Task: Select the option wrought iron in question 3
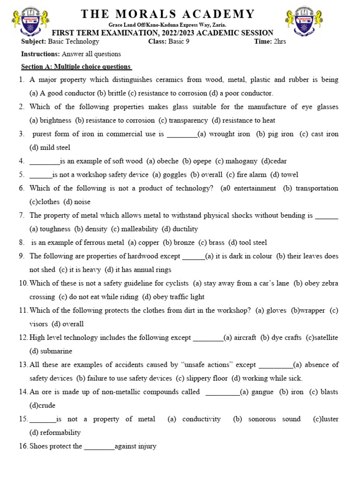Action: pyautogui.click(x=230, y=134)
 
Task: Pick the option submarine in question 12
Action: pyautogui.click(x=56, y=351)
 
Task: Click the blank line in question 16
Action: pyautogui.click(x=99, y=447)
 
